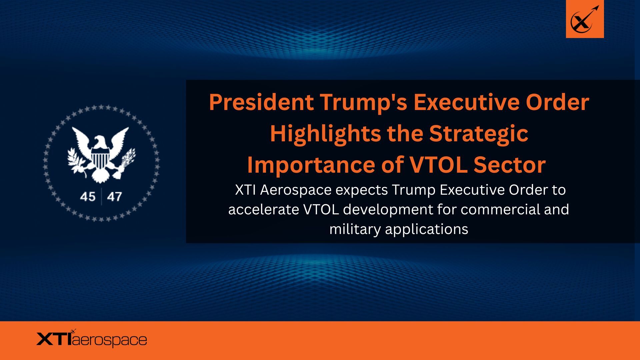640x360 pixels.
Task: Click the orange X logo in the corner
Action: tap(585, 19)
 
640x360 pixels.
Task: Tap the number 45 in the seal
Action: tap(88, 197)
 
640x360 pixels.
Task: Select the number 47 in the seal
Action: tap(114, 197)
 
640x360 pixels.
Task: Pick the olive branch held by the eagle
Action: tap(77, 161)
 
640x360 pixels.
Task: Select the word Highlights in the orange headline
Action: tap(326, 134)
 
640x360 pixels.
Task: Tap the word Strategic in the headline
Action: tap(479, 134)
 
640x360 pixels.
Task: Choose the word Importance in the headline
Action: tap(311, 165)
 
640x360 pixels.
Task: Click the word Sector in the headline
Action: tap(510, 165)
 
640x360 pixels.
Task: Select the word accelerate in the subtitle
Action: tap(264, 210)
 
